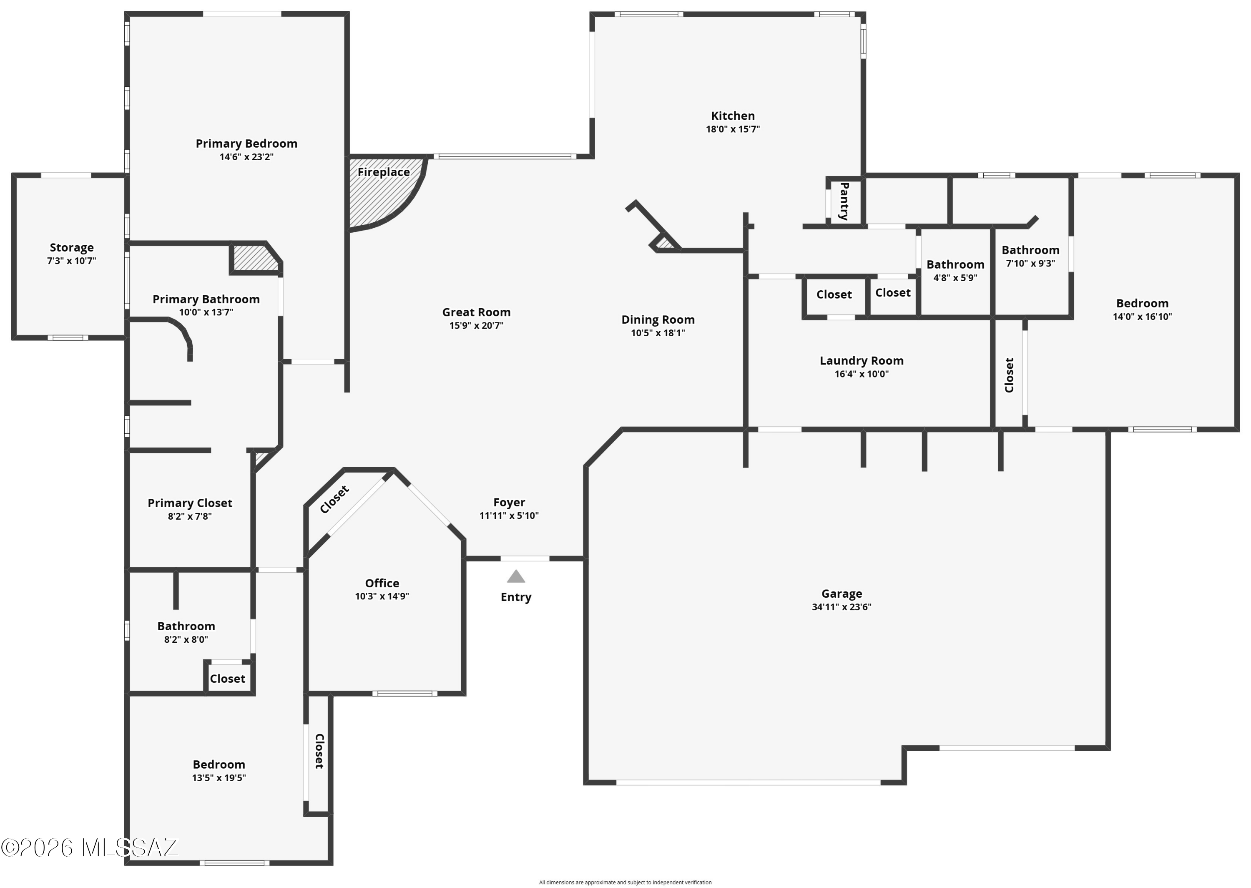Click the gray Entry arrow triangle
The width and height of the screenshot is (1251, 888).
[x=516, y=576]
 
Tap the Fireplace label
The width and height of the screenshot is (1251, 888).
[x=384, y=172]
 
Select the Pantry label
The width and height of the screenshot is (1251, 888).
[x=844, y=201]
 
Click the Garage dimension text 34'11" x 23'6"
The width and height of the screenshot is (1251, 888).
[x=842, y=607]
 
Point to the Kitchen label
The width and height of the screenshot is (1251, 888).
[x=733, y=116]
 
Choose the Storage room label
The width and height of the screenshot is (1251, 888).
[x=72, y=248]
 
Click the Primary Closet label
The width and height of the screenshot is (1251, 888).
[x=190, y=503]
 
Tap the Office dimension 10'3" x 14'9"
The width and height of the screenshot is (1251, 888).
[x=382, y=596]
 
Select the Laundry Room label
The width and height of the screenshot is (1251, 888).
[x=862, y=361]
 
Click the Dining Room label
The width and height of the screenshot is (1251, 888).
[x=658, y=320]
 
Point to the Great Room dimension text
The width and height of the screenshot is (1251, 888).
[x=477, y=326]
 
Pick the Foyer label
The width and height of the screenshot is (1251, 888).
[x=509, y=503]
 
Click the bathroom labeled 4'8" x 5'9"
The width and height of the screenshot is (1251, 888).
[x=955, y=265]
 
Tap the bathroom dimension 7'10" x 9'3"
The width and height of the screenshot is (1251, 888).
[x=1030, y=264]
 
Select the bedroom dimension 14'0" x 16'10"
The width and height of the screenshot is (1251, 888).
[x=1142, y=317]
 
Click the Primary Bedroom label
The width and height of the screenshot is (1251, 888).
[x=246, y=144]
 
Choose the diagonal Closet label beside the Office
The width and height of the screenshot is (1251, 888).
[x=334, y=500]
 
